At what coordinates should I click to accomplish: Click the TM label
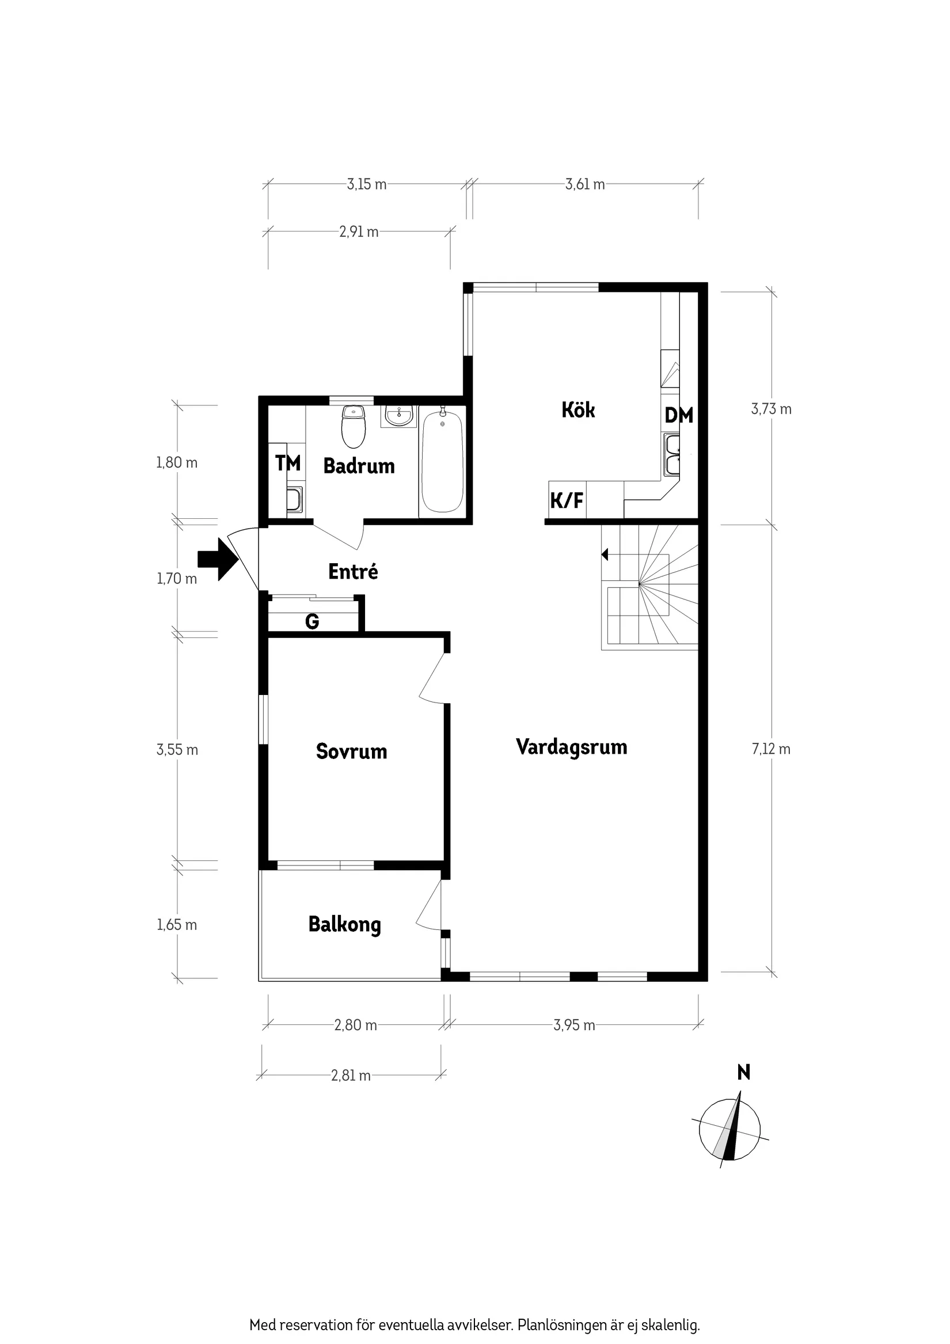tap(288, 463)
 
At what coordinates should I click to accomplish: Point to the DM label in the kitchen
tap(678, 416)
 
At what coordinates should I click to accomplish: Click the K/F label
tap(567, 500)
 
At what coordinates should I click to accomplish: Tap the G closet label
tap(312, 622)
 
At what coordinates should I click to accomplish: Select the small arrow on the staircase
tap(605, 555)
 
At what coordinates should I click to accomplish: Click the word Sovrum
tap(351, 751)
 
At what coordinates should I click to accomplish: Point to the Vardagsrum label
tap(571, 747)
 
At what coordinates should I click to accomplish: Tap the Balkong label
tap(344, 925)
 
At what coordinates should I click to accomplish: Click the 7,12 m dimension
tap(771, 749)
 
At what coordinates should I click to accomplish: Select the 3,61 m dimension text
tap(585, 185)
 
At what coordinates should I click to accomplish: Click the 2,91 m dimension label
tap(359, 233)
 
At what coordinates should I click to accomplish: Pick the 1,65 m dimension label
tap(177, 925)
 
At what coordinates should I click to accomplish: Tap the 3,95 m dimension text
tap(573, 1026)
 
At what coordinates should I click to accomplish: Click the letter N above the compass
tap(743, 1073)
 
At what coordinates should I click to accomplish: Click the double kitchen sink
tap(671, 455)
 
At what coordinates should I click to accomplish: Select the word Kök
tap(577, 410)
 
